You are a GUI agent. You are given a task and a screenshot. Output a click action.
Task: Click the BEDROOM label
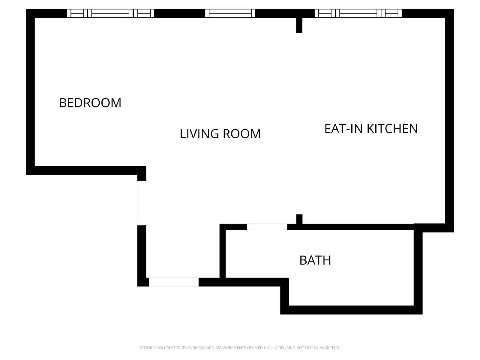click(x=90, y=103)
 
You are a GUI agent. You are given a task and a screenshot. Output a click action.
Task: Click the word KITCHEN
click(x=392, y=129)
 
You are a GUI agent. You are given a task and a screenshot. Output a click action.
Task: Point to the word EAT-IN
click(x=344, y=129)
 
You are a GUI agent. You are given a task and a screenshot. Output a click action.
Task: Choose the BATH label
click(x=315, y=260)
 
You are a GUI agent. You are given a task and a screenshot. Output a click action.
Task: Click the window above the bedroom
click(x=110, y=13)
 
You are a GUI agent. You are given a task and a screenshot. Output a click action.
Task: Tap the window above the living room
click(x=230, y=13)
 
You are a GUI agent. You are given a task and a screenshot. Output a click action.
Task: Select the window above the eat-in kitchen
click(x=358, y=13)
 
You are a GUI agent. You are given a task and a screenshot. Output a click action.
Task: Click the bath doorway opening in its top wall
click(x=267, y=227)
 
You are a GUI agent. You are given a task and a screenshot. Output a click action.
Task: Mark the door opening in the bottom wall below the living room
click(x=174, y=282)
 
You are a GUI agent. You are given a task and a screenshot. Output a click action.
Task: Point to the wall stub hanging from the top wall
click(x=299, y=25)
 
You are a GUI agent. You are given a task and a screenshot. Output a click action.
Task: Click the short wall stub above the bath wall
click(x=299, y=219)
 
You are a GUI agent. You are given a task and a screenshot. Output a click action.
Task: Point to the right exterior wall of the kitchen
click(x=449, y=120)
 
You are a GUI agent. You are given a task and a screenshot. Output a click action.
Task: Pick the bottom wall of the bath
click(x=351, y=310)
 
